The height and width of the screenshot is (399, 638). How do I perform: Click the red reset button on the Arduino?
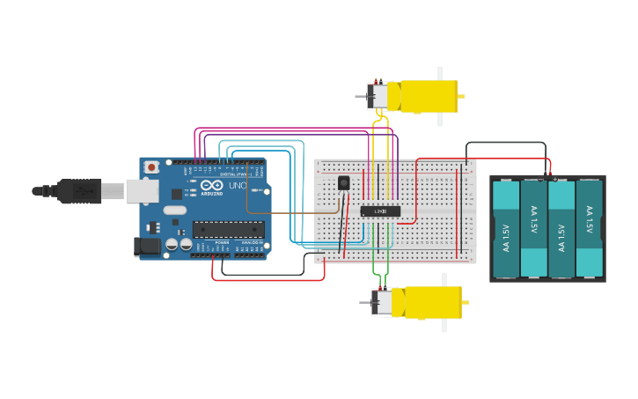click(x=151, y=166)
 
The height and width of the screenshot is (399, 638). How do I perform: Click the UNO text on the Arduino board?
click(x=238, y=186)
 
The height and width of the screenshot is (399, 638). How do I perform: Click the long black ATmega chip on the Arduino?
click(x=229, y=229)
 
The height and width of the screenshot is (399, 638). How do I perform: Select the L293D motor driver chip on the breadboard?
click(x=380, y=211)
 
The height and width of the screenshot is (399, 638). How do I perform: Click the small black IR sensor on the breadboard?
click(x=343, y=183)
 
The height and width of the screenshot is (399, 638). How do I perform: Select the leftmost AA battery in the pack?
click(x=506, y=229)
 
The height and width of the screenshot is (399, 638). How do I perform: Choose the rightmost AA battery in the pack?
click(x=589, y=229)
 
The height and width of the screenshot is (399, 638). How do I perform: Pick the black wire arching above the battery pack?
click(x=506, y=143)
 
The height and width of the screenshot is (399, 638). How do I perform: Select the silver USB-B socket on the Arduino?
click(x=141, y=191)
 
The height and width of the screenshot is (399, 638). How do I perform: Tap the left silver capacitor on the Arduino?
click(x=172, y=244)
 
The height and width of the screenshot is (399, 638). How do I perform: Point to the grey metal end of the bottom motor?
click(x=381, y=302)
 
